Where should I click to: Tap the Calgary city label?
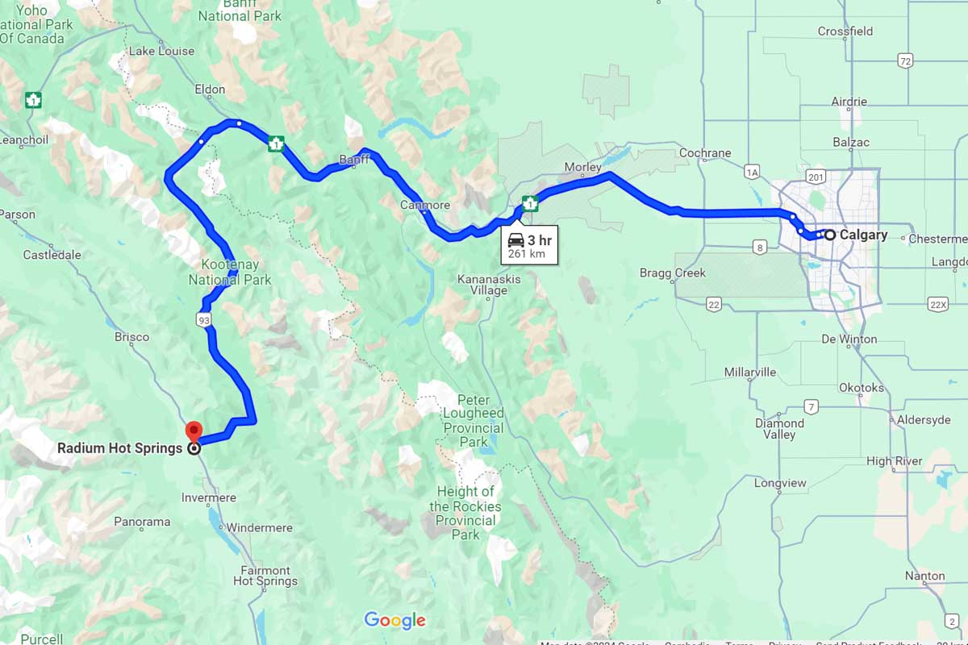(863, 235)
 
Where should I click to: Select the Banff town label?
(353, 160)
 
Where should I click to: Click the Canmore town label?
(424, 206)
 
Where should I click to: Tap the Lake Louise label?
(162, 51)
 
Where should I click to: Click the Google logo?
(394, 620)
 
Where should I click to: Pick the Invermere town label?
(209, 497)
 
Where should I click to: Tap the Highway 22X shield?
(937, 304)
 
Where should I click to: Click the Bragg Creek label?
(672, 273)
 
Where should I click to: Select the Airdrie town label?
(849, 102)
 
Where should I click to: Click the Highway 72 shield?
(905, 60)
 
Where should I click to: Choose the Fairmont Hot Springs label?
(265, 575)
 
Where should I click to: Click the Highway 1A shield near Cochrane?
(753, 172)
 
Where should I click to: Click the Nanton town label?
(924, 576)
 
